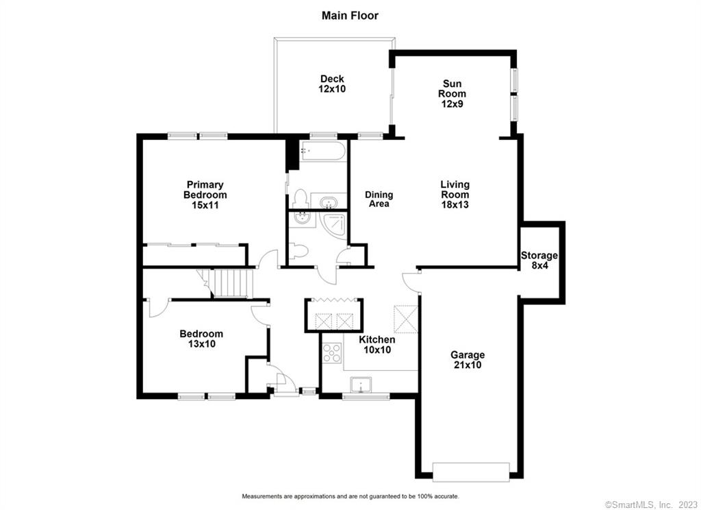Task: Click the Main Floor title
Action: [350, 16]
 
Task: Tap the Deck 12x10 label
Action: [332, 84]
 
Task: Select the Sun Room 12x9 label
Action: [452, 94]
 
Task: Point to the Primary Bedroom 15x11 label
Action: [205, 195]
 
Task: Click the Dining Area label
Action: [379, 199]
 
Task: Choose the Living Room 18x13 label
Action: [455, 194]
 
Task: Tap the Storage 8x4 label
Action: [539, 260]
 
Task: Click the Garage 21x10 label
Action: [468, 360]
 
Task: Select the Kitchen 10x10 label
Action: [377, 344]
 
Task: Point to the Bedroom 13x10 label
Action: [201, 339]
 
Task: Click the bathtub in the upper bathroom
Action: [323, 151]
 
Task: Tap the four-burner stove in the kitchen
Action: [332, 352]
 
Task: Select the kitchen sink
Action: [361, 385]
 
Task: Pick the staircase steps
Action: [230, 283]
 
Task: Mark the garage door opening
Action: [471, 472]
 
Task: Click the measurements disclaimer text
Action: [350, 496]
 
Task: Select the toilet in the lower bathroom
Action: [298, 251]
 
